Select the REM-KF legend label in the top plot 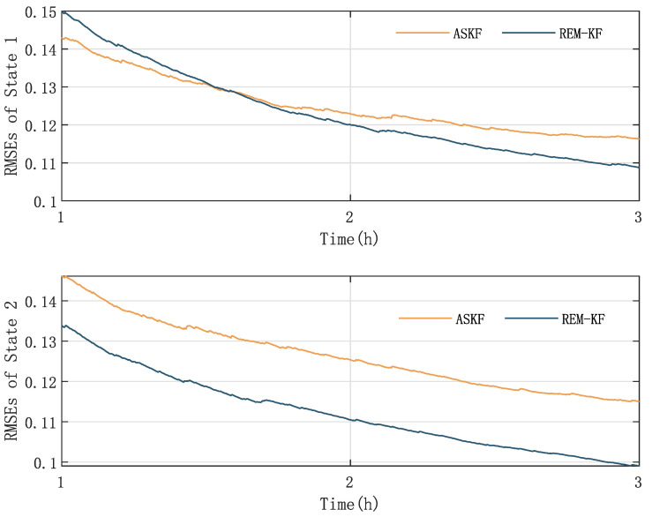(x=583, y=34)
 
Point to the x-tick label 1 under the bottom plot (x=61, y=481)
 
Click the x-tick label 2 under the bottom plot (x=349, y=481)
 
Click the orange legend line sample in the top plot (x=416, y=34)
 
